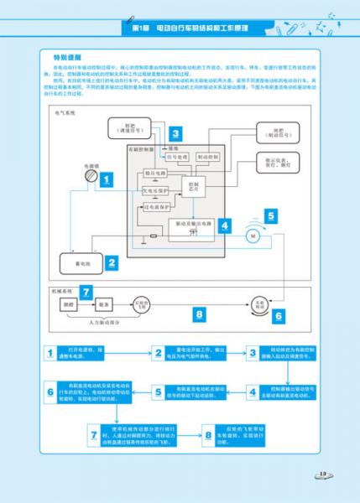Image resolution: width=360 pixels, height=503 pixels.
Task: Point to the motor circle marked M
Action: click(250, 237)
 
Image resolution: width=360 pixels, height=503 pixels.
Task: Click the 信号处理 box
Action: click(177, 156)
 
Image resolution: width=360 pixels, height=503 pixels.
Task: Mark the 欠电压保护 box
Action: click(155, 190)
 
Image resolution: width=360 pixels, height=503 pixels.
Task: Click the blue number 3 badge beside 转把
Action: click(175, 132)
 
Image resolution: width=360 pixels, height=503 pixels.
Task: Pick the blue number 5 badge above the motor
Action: click(270, 215)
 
